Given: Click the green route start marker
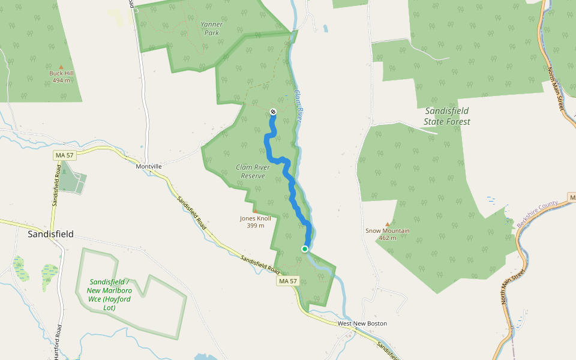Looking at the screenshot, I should coord(305,248).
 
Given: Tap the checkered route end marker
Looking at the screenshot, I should coord(273,112).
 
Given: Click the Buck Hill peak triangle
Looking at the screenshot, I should coord(61,67).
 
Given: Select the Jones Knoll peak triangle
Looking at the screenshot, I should coord(255,211).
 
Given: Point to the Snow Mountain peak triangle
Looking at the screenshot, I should coord(387,224).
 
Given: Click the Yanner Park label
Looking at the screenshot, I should coord(212,28).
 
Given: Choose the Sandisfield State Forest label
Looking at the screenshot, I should coord(447,116).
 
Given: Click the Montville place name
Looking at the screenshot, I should coord(149,166).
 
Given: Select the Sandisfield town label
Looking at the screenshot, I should coord(51,234).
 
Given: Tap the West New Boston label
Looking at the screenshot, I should coord(362,323).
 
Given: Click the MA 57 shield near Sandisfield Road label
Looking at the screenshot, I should coord(287,281).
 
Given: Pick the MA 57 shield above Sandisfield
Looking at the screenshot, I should coord(64,155).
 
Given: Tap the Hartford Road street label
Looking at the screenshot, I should coord(58,342).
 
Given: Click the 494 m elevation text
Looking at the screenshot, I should coord(61,80).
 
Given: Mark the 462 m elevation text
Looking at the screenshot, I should coord(388,238).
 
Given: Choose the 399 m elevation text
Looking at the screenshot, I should coord(256,226).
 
